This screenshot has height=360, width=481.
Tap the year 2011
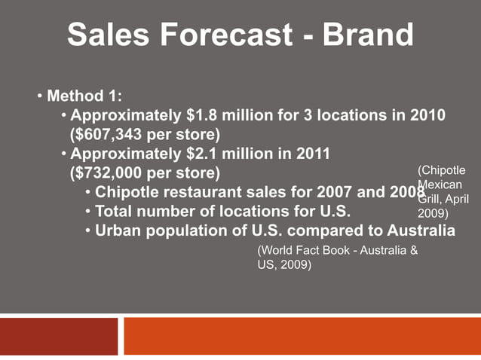(310, 154)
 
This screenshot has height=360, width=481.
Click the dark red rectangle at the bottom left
(59, 336)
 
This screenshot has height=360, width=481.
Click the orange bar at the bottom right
(302, 336)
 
